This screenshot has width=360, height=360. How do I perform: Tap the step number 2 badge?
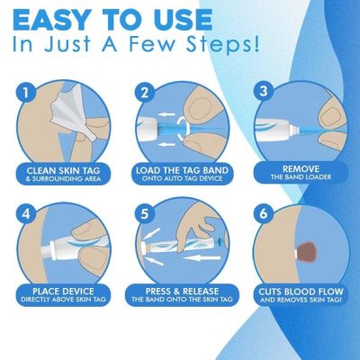[x=143, y=93]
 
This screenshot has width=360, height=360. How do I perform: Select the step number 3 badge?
[x=262, y=93]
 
